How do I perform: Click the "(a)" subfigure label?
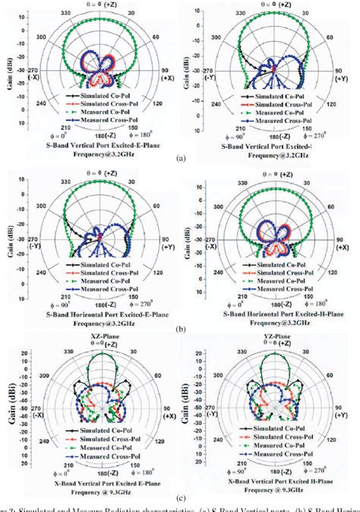180,158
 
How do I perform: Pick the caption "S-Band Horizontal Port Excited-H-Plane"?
271,314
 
